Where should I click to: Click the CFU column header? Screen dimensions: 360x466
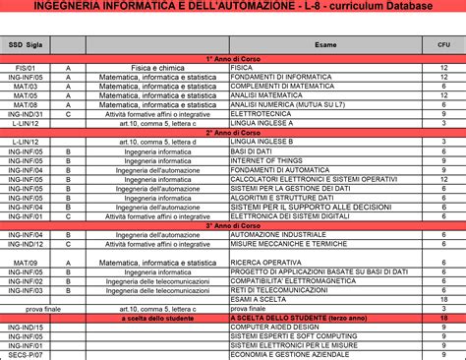coord(443,44)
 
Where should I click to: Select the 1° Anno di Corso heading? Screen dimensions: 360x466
coord(233,59)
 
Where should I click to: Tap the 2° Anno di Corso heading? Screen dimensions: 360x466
coord(233,131)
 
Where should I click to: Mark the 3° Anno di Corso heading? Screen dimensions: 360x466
coord(233,225)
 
